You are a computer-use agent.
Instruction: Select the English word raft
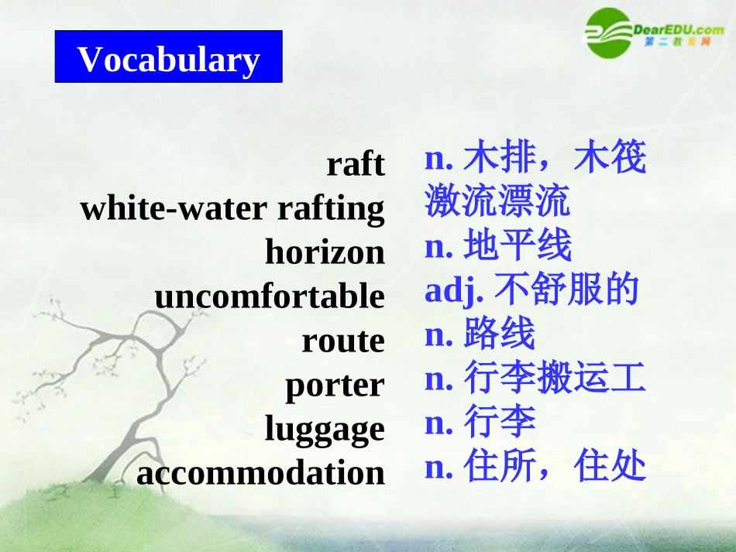tap(356, 164)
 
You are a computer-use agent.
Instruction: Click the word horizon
tap(325, 252)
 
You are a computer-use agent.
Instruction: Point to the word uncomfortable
tap(270, 297)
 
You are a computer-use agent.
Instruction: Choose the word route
tap(343, 341)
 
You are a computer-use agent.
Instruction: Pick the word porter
tap(335, 385)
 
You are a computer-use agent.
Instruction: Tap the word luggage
tap(325, 430)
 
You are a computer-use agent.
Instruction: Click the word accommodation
tap(260, 473)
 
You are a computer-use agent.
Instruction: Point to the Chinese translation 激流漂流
tap(497, 201)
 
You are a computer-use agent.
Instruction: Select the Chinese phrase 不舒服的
tap(566, 290)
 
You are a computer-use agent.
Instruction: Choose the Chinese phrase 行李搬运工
tap(554, 379)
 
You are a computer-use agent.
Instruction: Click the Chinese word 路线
tap(499, 334)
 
